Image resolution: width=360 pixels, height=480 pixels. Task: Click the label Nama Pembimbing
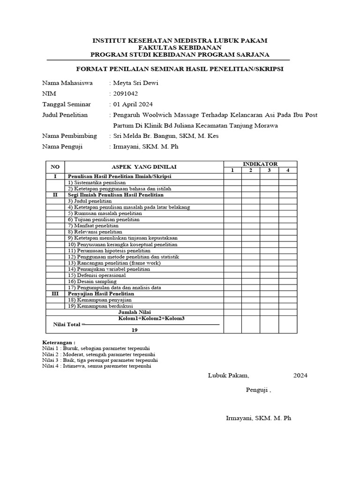pos(69,136)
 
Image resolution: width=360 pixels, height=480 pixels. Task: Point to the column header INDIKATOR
pos(260,164)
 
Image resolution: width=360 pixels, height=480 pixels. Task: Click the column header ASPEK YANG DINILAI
pos(144,167)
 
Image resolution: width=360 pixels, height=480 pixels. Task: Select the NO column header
pos(55,167)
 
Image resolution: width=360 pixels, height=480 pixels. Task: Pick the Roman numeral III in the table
pos(55,293)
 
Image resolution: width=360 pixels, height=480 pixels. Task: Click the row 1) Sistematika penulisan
pos(97,182)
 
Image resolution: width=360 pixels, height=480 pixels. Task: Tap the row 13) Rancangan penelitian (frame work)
pos(114,262)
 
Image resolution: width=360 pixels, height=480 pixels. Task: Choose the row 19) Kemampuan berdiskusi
pos(100,305)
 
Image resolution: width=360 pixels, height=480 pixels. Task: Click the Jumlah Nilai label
pos(135,311)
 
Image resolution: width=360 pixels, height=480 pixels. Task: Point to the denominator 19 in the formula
pos(135,330)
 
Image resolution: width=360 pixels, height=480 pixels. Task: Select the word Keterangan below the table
pos(59,342)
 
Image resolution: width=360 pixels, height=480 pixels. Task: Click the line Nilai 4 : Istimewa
pos(97,367)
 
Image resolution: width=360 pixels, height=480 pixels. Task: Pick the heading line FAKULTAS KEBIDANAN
pos(180,48)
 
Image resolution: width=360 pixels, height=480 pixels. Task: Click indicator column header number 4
pos(288,170)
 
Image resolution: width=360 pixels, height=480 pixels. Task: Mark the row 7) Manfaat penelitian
pos(93,225)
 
